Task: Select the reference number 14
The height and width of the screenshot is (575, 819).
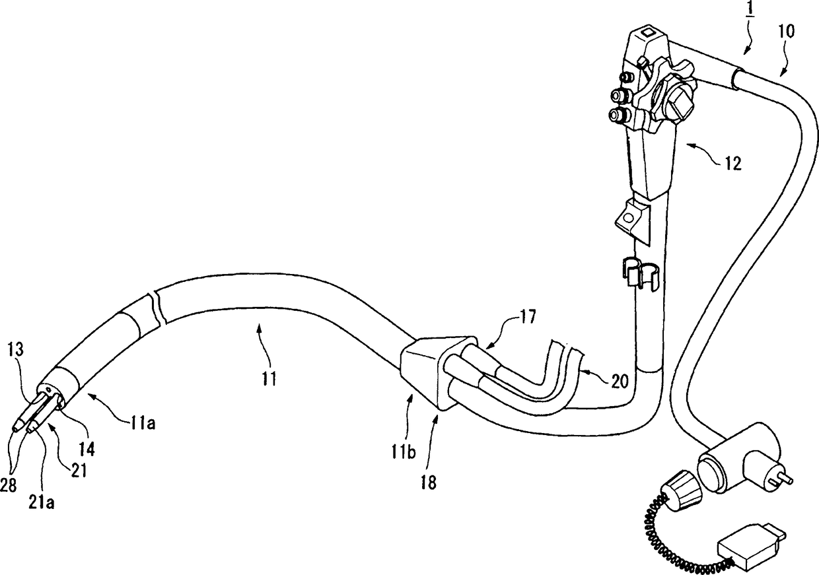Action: pos(87,450)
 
